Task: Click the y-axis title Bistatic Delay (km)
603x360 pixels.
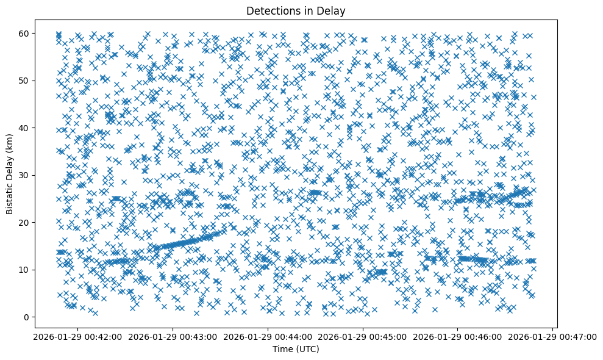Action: (x=10, y=174)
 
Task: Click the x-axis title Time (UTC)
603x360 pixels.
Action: (x=295, y=349)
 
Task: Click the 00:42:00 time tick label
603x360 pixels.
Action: (x=77, y=336)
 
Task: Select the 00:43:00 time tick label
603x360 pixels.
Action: (x=173, y=336)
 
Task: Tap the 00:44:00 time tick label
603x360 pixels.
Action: (x=268, y=336)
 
